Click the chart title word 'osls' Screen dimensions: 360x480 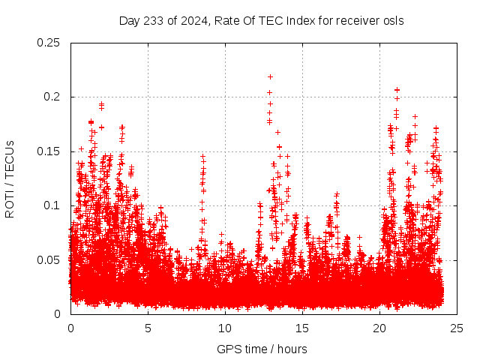coord(392,20)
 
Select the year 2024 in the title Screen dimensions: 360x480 coord(187,20)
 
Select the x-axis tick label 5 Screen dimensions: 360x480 coord(148,328)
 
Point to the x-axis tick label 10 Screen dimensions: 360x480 coord(225,328)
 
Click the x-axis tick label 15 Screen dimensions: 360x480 coord(302,328)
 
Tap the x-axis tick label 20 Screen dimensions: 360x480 coord(379,328)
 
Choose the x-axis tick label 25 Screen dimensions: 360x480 coord(457,328)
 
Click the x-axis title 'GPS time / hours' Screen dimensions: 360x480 coord(262,349)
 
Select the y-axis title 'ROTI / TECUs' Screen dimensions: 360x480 coord(10,178)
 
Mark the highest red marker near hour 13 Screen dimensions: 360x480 coord(270,76)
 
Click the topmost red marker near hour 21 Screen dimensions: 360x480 coord(397,90)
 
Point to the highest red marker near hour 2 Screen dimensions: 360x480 coord(101,104)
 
